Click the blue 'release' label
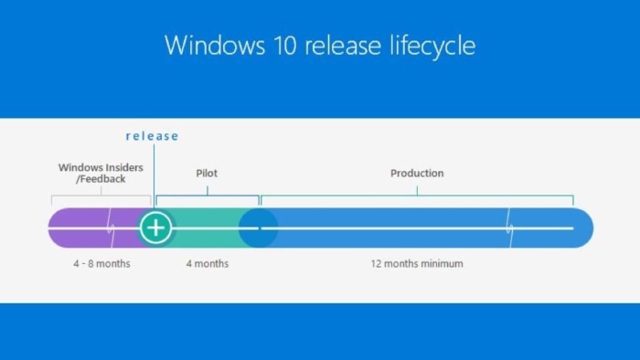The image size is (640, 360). [x=152, y=136]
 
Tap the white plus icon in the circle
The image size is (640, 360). [x=156, y=228]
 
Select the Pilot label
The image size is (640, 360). [x=207, y=173]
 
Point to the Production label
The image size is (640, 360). [x=417, y=173]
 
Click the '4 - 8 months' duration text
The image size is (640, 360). [x=101, y=264]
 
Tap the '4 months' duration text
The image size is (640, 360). [x=208, y=264]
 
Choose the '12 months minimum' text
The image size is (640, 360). [x=417, y=264]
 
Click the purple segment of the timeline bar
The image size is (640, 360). [x=82, y=228]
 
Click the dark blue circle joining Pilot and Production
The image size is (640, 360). [x=257, y=228]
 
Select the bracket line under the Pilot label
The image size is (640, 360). [x=207, y=196]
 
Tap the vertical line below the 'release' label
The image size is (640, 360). [x=154, y=174]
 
